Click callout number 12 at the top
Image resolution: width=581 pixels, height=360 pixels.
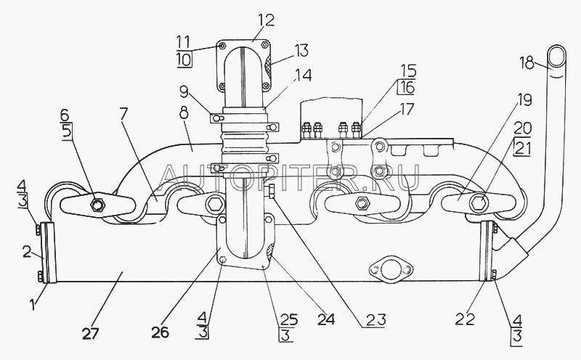(x=267, y=21)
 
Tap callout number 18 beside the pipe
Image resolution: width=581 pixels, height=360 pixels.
(x=527, y=62)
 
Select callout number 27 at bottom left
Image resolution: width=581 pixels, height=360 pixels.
(x=90, y=333)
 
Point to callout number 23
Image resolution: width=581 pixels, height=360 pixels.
(x=376, y=319)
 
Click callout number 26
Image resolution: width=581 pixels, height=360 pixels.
(x=160, y=332)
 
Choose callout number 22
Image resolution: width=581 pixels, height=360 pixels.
(x=465, y=319)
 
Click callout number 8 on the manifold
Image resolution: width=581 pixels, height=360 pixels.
(x=184, y=112)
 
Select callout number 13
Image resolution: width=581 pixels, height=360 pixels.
(x=301, y=51)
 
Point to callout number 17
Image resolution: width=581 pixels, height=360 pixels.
(x=407, y=109)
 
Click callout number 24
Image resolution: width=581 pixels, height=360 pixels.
(x=326, y=319)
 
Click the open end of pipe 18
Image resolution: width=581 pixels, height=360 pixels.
(x=556, y=57)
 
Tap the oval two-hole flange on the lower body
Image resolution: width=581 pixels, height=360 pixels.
(x=391, y=269)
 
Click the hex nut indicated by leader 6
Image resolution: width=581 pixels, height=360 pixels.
(x=98, y=204)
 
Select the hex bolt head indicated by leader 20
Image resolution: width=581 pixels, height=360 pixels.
(x=479, y=202)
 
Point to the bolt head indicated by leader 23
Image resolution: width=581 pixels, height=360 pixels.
(x=272, y=191)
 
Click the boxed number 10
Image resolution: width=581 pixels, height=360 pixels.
(x=184, y=60)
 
